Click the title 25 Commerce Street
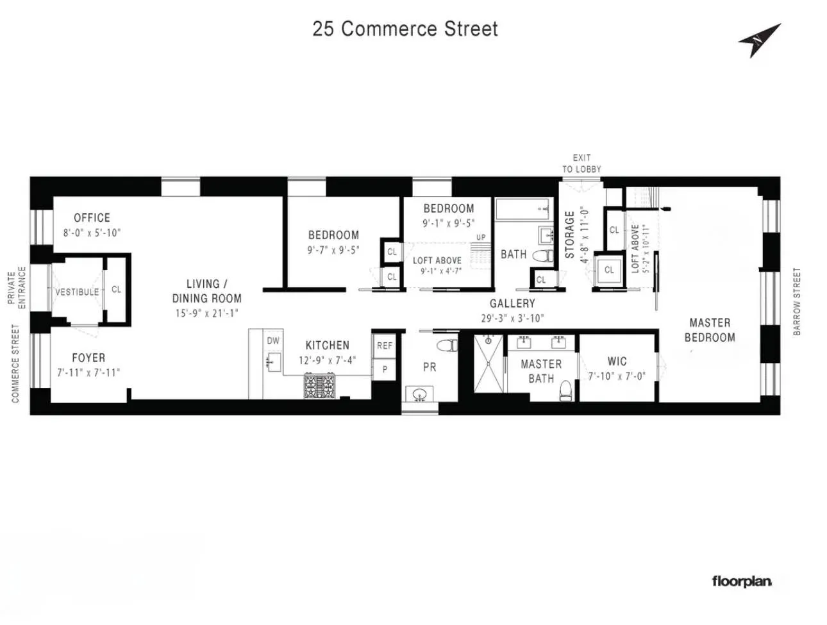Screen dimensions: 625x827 point(405,29)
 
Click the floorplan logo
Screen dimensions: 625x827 point(742,581)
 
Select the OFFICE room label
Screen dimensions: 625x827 point(92,218)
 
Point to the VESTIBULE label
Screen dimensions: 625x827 point(77,292)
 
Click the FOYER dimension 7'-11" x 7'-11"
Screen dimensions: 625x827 point(88,372)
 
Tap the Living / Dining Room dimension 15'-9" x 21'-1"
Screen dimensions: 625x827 point(206,313)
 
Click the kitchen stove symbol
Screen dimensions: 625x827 point(319,387)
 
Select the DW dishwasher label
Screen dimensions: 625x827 point(273,341)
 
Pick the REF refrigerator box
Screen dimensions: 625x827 point(385,346)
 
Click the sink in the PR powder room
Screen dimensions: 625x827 point(420,394)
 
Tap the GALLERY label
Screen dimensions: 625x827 point(512,303)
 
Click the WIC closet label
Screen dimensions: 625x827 point(617,362)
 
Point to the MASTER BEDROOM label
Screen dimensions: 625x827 point(710,330)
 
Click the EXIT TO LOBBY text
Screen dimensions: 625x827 point(581,163)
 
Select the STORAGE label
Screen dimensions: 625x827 point(569,235)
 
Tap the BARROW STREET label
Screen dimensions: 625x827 point(798,301)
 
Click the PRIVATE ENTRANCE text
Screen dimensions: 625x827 point(17,288)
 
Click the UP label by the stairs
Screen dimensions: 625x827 point(481,237)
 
